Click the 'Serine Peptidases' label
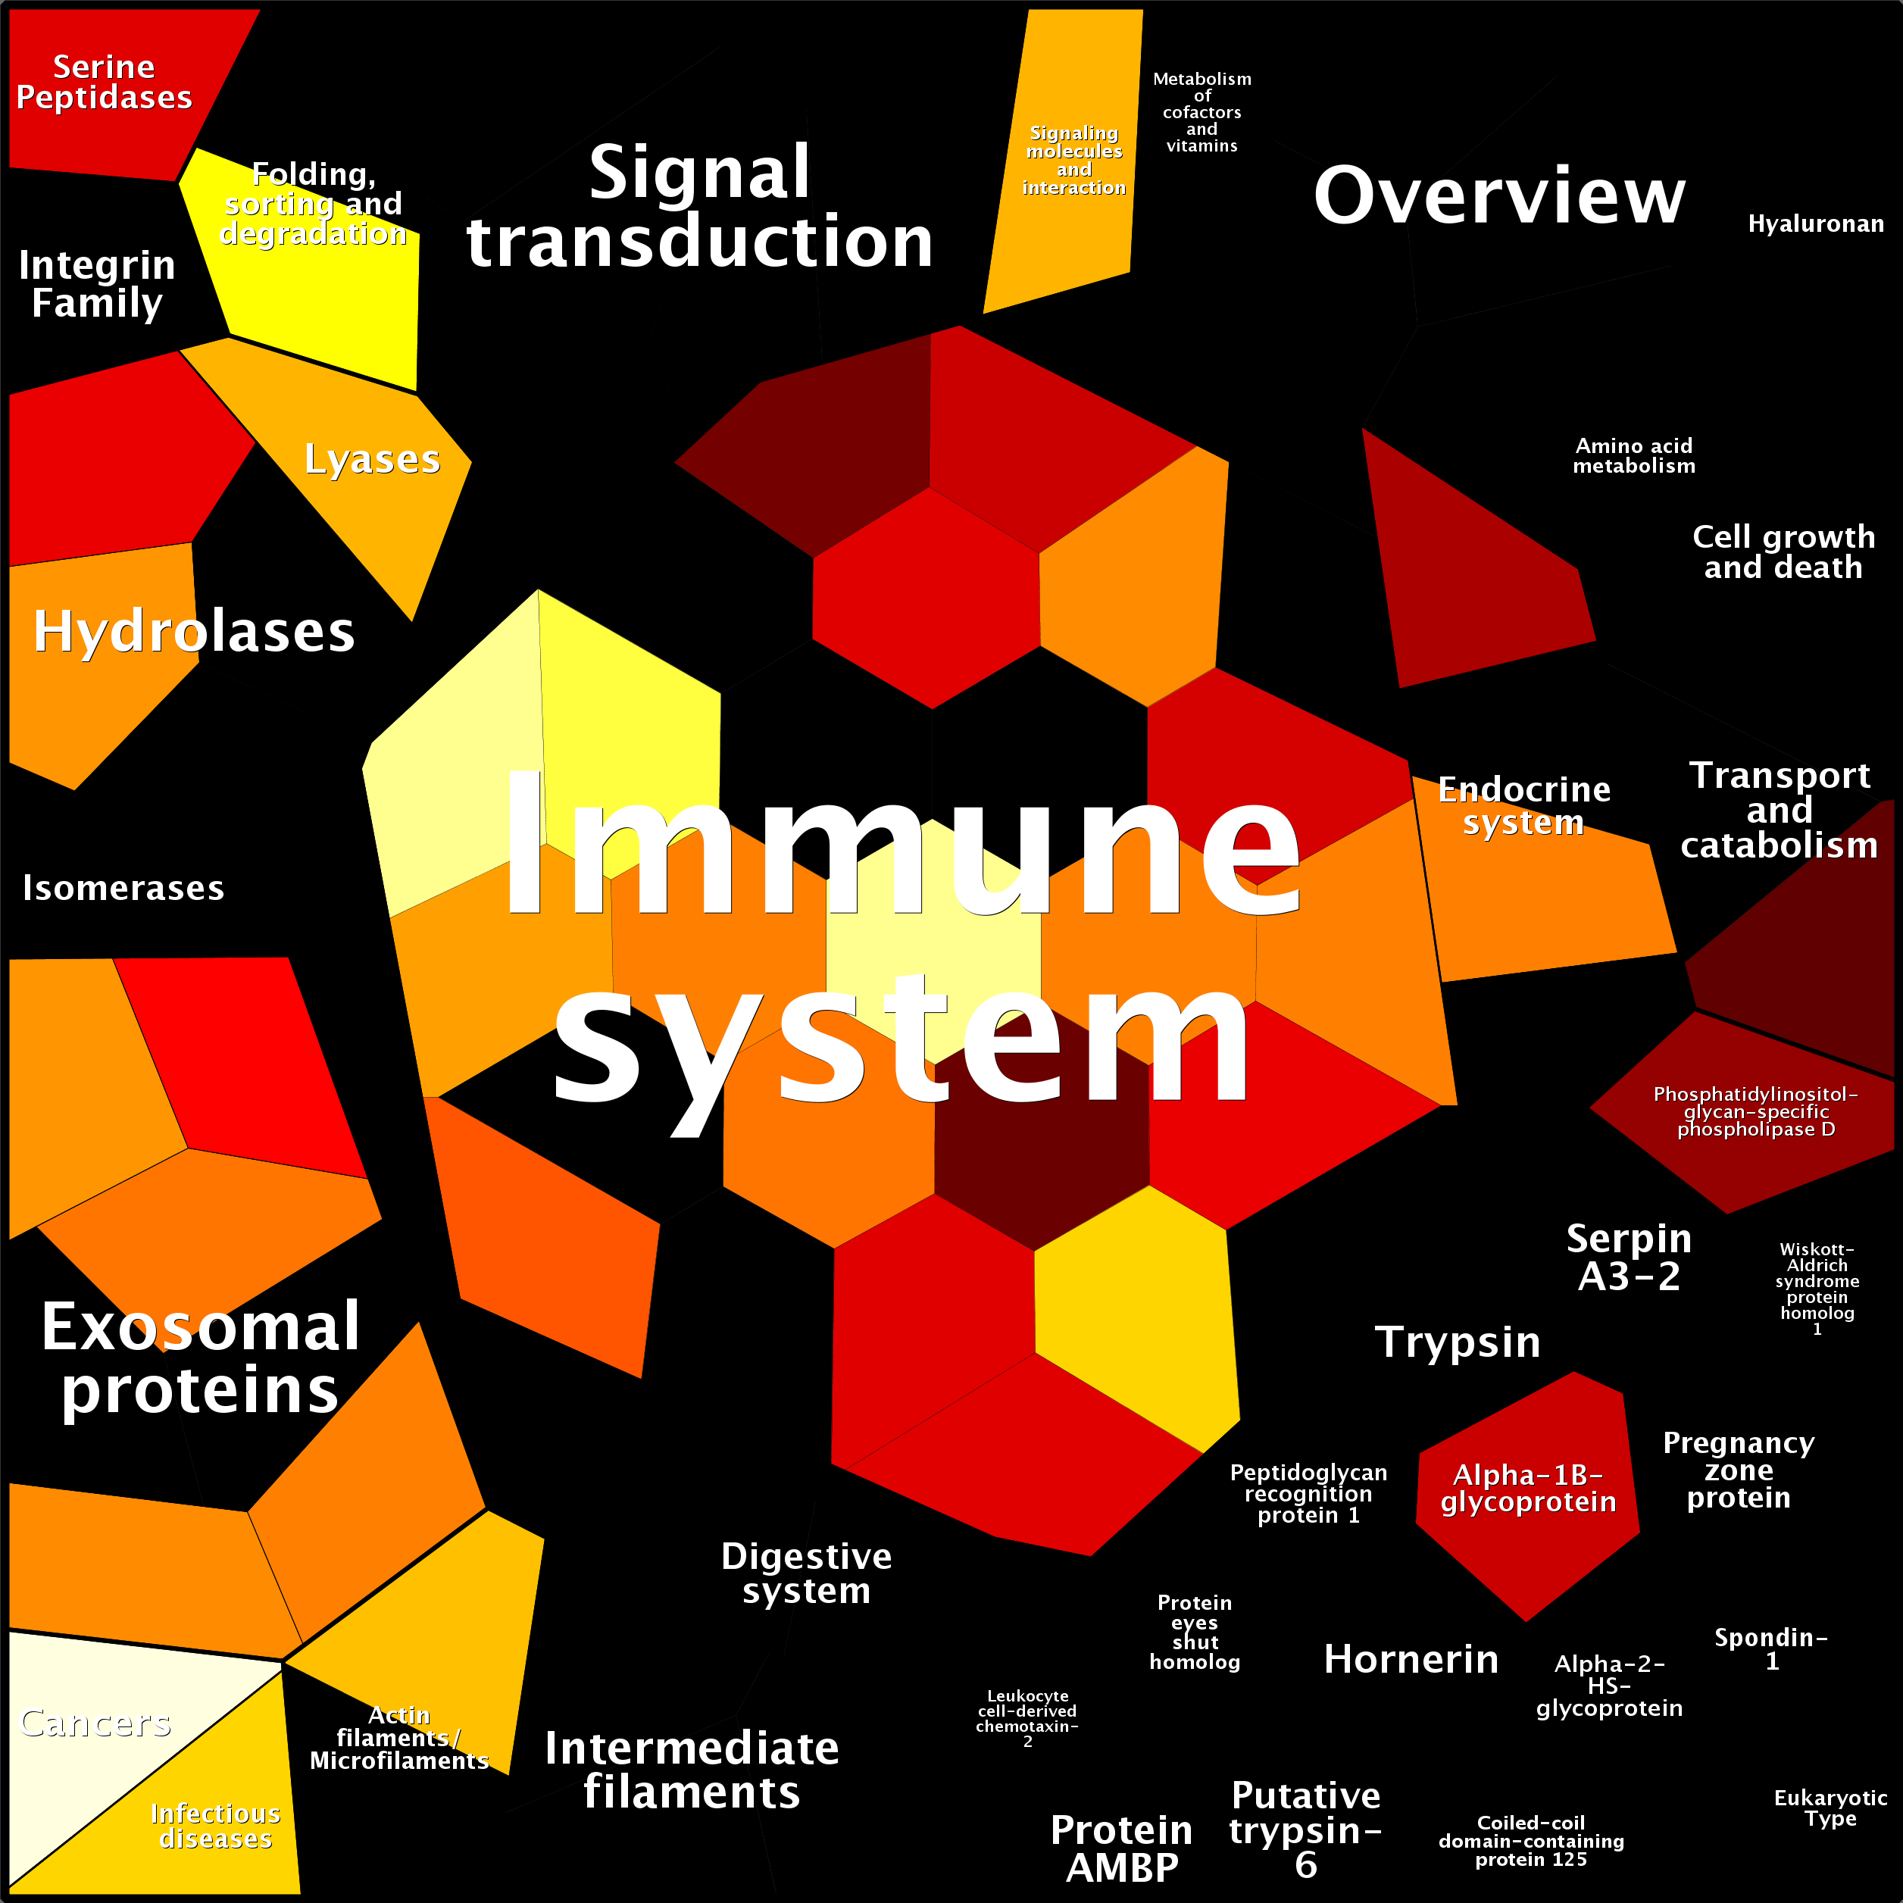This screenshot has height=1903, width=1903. pos(105,82)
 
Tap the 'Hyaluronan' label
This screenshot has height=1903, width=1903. pos(1815,223)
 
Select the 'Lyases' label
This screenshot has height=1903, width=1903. pos(372,460)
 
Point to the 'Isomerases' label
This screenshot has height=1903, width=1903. pos(123,887)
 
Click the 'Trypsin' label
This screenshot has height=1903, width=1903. pos(1458,1342)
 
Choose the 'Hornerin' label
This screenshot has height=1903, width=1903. pos(1411,1659)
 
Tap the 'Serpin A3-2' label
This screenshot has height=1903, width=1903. pos(1630,1257)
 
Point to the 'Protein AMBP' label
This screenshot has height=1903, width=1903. pos(1122,1848)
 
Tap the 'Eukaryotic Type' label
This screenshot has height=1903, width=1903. pos(1831,1808)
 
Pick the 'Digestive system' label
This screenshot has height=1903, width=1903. pos(807,1573)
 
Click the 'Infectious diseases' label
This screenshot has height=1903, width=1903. pos(216,1826)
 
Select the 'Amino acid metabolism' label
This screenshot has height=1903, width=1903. pos(1634,456)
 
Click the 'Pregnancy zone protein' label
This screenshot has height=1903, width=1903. pos(1739,1470)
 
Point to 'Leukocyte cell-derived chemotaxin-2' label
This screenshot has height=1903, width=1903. pos(1027,1719)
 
